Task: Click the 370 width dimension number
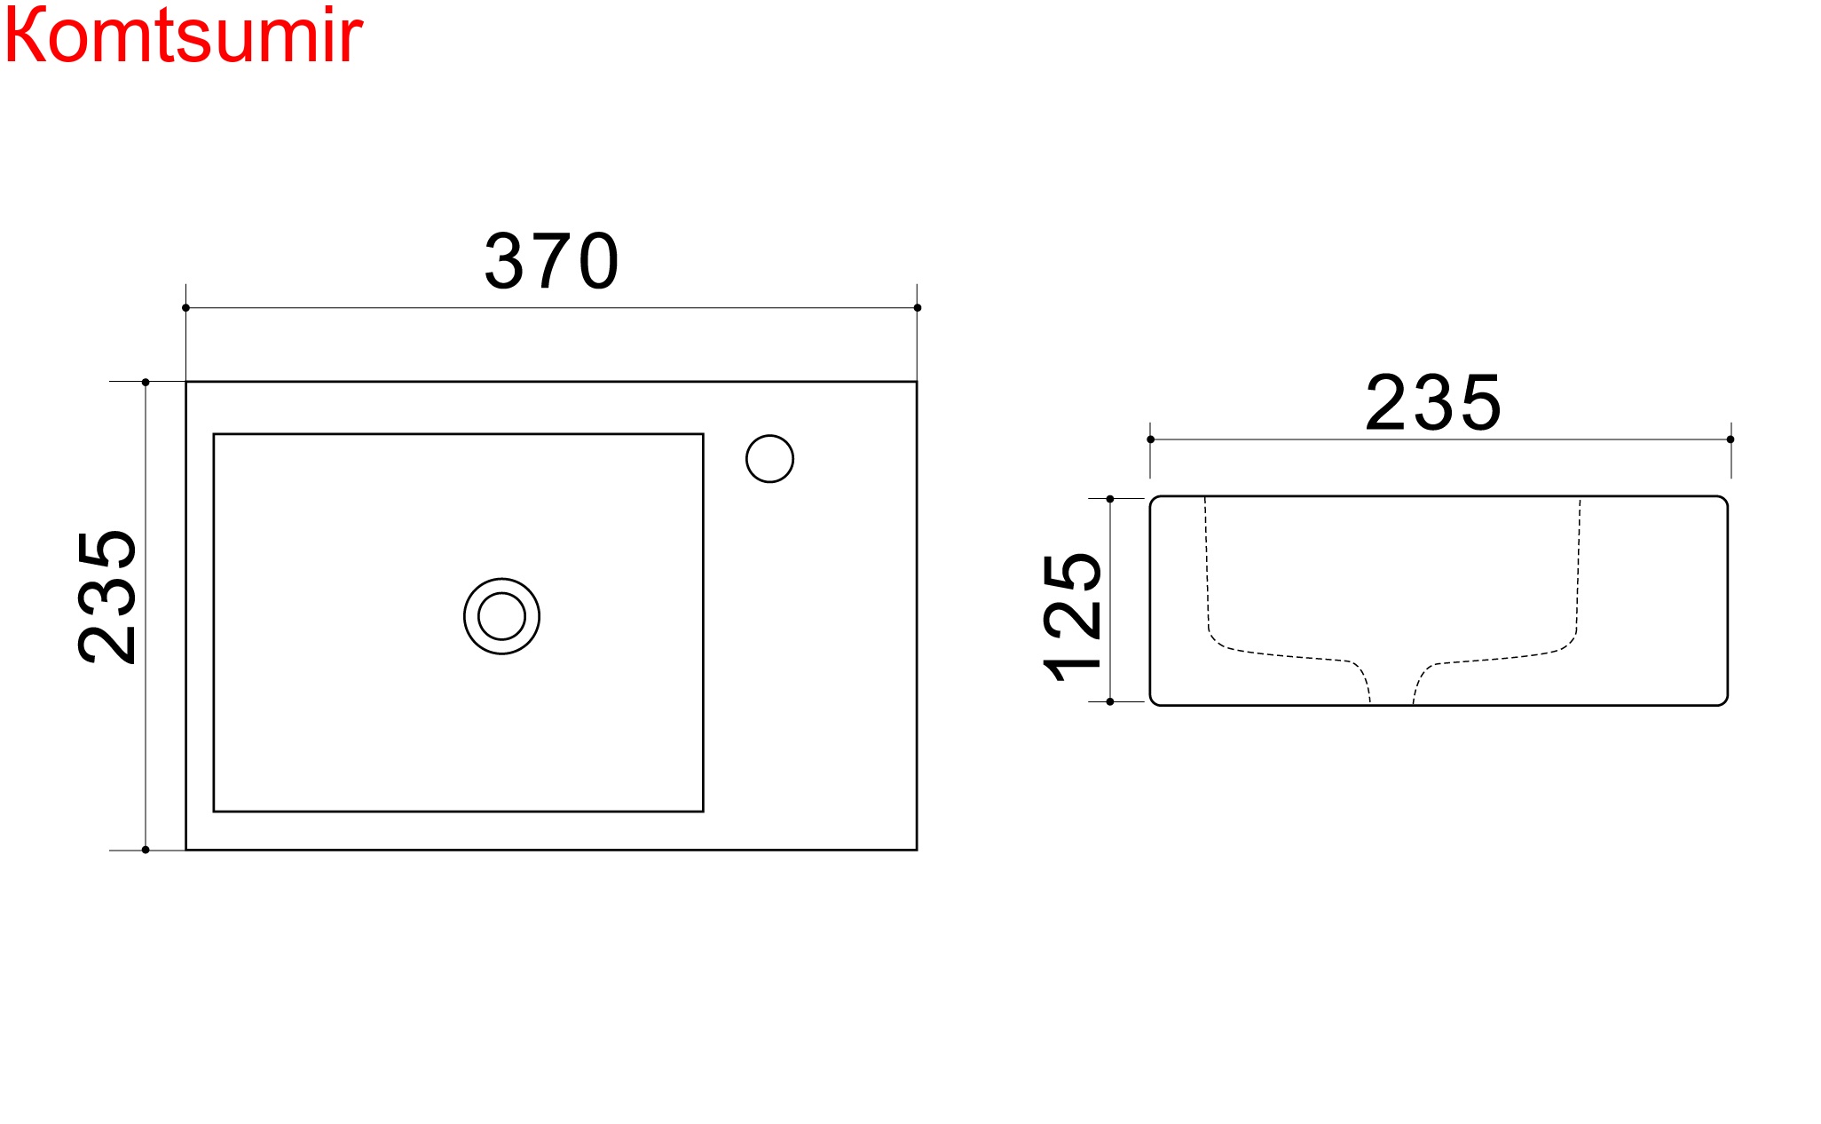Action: click(x=551, y=261)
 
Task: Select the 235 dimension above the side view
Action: click(x=1432, y=404)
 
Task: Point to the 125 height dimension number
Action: click(x=1073, y=616)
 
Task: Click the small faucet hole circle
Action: click(x=769, y=459)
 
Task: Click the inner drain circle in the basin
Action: click(x=501, y=616)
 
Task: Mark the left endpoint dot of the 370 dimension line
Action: click(x=185, y=308)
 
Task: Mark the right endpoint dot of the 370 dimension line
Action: click(x=917, y=308)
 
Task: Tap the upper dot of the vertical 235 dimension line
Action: click(x=146, y=383)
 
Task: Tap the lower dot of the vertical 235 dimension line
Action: click(x=146, y=850)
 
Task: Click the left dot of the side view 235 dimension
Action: click(x=1150, y=439)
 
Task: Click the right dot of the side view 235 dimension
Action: click(x=1730, y=439)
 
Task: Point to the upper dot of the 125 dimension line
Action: click(x=1110, y=499)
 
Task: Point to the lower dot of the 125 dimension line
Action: click(x=1110, y=701)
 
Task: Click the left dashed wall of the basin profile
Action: click(x=1207, y=568)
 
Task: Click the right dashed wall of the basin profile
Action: click(x=1579, y=568)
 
